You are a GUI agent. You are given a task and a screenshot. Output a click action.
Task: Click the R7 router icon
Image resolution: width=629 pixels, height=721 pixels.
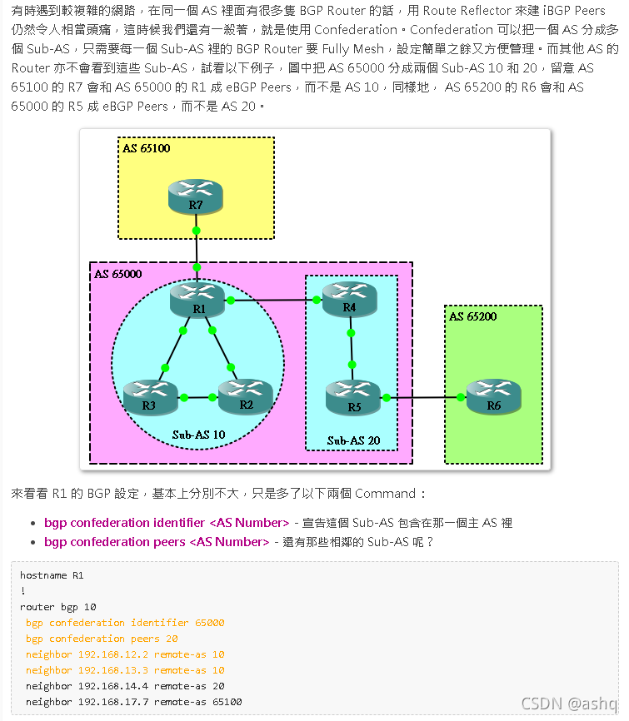pyautogui.click(x=196, y=195)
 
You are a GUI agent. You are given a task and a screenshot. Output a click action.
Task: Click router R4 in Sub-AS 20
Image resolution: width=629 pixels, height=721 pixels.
pyautogui.click(x=349, y=297)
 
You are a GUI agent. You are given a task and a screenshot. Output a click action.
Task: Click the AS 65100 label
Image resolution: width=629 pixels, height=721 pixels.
pyautogui.click(x=147, y=148)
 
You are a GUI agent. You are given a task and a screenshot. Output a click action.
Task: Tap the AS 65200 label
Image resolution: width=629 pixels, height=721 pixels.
pyautogui.click(x=473, y=316)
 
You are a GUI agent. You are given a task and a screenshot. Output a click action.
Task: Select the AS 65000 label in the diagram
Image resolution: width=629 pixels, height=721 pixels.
pyautogui.click(x=117, y=274)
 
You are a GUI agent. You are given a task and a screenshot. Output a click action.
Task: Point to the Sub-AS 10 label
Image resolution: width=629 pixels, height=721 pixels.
pyautogui.click(x=198, y=435)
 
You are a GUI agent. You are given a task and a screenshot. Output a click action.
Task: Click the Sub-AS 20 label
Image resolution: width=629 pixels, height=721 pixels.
pyautogui.click(x=353, y=440)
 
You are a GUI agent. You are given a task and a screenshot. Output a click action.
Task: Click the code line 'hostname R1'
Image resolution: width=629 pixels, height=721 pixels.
pyautogui.click(x=52, y=575)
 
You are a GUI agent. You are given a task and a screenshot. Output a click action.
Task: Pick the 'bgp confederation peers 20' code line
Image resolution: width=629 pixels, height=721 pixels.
pyautogui.click(x=102, y=639)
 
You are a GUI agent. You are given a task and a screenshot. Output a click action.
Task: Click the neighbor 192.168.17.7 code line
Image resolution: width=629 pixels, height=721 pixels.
pyautogui.click(x=133, y=702)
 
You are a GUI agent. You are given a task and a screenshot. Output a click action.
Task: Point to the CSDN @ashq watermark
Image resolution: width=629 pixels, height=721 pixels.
pyautogui.click(x=569, y=704)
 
